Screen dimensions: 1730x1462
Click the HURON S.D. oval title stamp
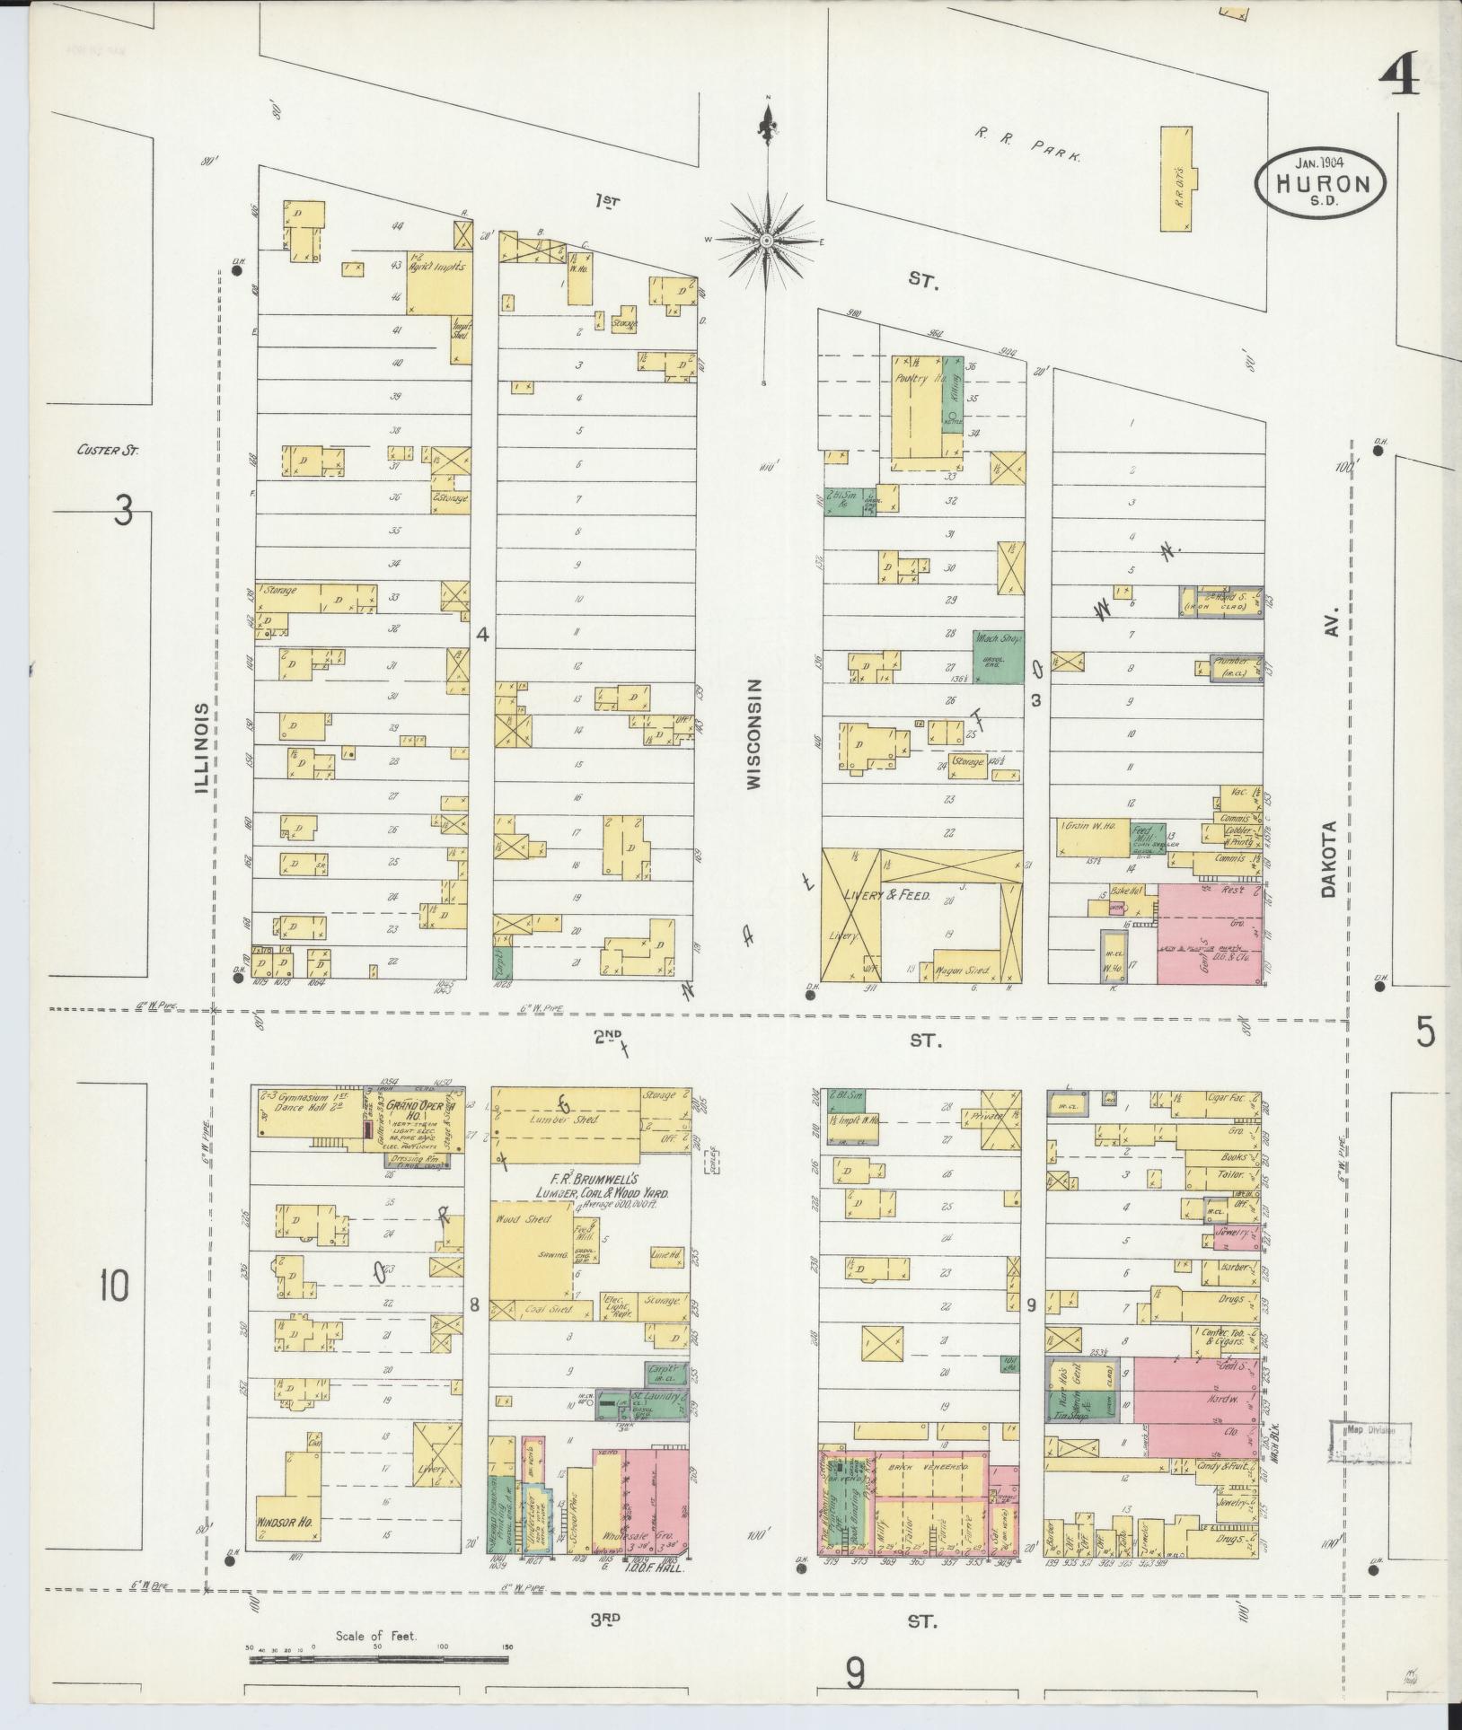tap(1319, 183)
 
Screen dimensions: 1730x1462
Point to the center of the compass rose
tap(767, 241)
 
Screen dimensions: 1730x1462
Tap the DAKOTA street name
tap(1329, 859)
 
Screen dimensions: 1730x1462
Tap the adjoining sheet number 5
tap(1425, 1033)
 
